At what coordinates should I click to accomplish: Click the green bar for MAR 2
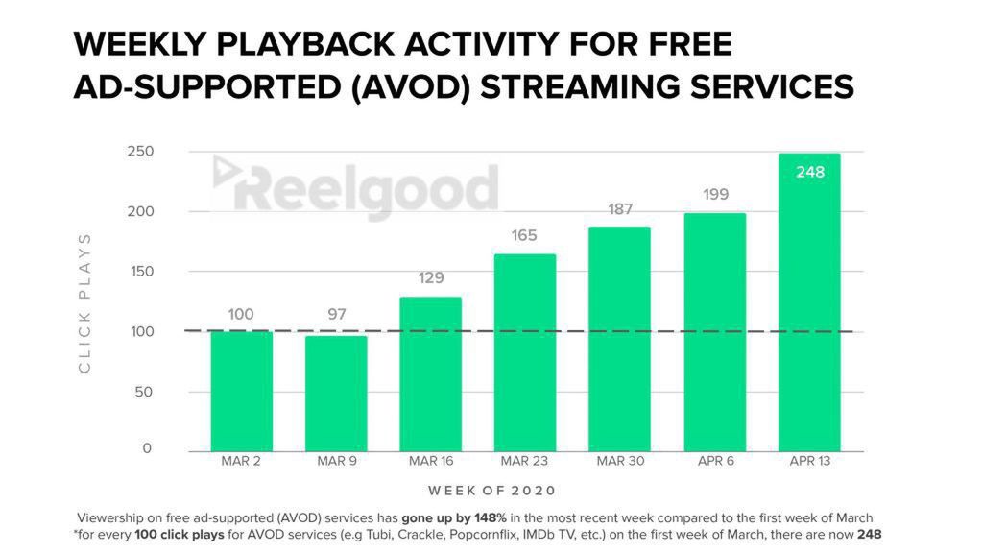[242, 391]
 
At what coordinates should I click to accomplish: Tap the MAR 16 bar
[431, 373]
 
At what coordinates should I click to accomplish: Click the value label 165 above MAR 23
[524, 235]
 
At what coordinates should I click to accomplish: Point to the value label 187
[619, 209]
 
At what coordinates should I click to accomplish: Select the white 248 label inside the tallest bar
[809, 173]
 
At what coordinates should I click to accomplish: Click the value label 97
[336, 315]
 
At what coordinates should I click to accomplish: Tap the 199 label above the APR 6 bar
[715, 195]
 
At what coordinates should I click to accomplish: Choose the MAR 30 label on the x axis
[619, 462]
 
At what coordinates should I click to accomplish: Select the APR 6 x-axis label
[715, 462]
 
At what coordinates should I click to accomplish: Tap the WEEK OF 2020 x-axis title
[491, 491]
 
